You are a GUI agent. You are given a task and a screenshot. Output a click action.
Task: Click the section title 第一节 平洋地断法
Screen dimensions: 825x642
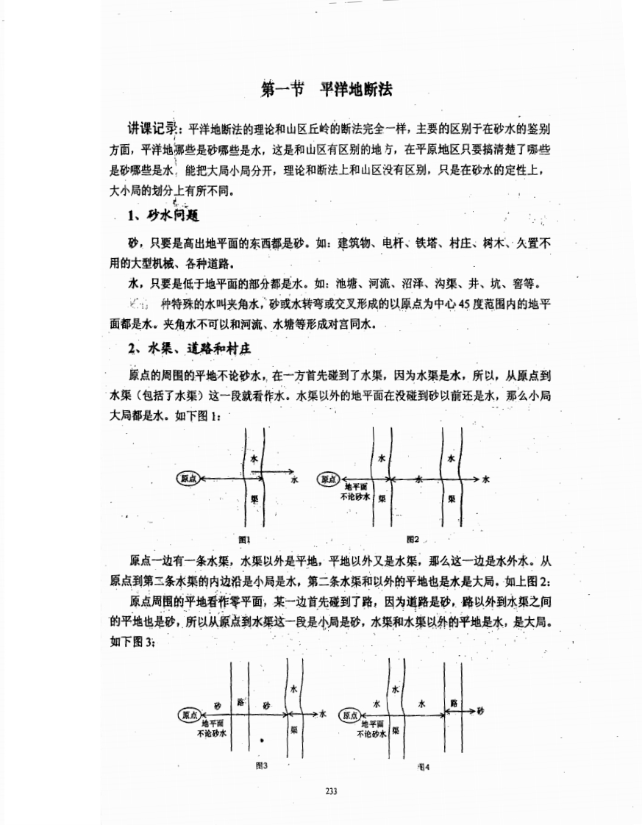[x=327, y=90]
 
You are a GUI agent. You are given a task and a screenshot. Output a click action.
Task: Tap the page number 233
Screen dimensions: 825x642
[x=330, y=791]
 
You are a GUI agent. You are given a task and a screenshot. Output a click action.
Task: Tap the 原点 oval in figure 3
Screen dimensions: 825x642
[x=189, y=714]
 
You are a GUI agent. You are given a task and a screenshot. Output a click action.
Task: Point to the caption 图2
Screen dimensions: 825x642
[x=412, y=539]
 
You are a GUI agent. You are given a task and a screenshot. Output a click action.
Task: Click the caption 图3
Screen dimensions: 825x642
[x=260, y=765]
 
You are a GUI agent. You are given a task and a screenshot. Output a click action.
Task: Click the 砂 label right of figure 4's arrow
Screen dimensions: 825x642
[x=480, y=711]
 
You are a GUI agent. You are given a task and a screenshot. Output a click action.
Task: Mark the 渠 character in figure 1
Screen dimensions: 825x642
[x=254, y=498]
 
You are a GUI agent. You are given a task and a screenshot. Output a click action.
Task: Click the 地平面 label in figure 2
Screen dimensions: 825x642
[x=356, y=487]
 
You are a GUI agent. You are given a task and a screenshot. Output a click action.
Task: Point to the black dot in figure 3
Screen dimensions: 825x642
[x=261, y=740]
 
